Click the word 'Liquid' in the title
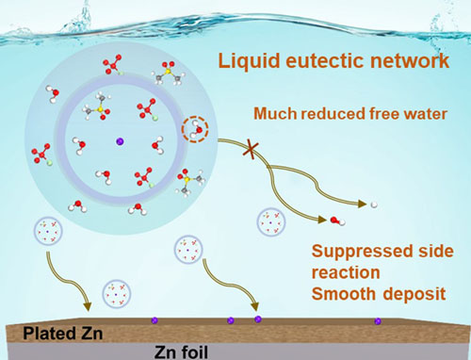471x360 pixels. coord(249,61)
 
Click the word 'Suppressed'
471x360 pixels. coord(359,252)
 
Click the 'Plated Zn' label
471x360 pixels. coord(63,334)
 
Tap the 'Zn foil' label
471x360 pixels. coord(181,352)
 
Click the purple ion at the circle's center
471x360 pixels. coord(120,141)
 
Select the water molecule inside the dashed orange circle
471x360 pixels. coord(196,129)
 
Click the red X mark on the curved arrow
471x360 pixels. coord(252,150)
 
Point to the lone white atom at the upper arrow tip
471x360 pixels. coord(374,205)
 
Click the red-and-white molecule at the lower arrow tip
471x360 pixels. coord(337,221)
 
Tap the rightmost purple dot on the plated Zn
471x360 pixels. coord(378,321)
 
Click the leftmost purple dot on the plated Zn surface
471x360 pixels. coord(154,320)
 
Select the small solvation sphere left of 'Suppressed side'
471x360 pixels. coord(271,222)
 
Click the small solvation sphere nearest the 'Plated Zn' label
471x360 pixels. coord(117,294)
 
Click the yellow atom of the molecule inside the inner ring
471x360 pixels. coord(100,109)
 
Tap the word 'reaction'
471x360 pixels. coord(346,272)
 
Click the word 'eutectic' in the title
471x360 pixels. coord(325,60)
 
